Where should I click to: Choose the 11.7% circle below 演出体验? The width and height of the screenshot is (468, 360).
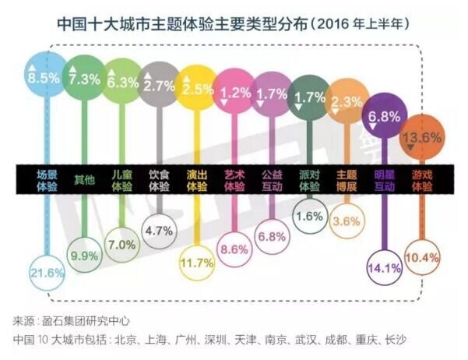click(x=196, y=264)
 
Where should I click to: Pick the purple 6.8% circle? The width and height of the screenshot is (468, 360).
click(x=386, y=115)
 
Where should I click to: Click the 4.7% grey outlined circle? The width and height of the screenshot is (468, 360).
click(x=159, y=231)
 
